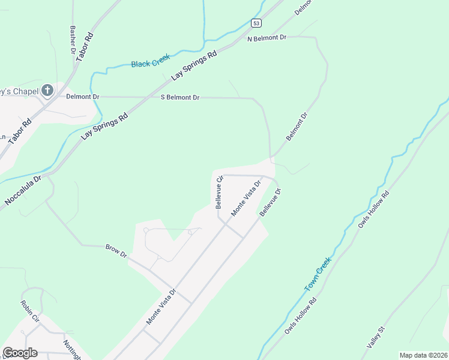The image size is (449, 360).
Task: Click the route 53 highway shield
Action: point(256,23)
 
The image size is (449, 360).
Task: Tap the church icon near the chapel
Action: point(47,91)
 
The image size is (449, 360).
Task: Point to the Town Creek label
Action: point(318,275)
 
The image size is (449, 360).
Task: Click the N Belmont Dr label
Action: point(268,37)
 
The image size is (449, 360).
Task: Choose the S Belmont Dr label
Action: point(179,97)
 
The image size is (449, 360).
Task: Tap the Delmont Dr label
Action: point(83,96)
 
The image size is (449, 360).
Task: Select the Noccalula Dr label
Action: point(22,191)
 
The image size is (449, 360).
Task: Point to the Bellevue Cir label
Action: point(220,191)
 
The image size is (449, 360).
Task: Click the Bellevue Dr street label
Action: point(271,203)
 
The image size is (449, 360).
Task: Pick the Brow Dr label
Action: point(116,251)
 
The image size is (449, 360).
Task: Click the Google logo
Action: point(20,353)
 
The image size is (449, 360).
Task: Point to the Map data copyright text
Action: point(423,355)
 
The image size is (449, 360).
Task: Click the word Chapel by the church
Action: point(23,91)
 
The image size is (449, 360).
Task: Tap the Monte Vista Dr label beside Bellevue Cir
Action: point(247,198)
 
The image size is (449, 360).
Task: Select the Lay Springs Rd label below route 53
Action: point(194,66)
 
